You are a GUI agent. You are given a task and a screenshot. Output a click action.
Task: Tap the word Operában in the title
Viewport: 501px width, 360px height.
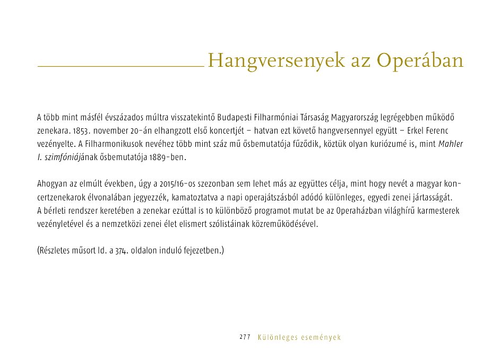pyautogui.click(x=421, y=60)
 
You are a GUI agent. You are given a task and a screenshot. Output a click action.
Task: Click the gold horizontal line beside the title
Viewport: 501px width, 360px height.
pyautogui.click(x=120, y=66)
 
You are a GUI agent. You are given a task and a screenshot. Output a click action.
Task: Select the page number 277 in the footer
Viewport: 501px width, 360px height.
pyautogui.click(x=245, y=337)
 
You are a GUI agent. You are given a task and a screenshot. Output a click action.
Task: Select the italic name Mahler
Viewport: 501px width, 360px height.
pyautogui.click(x=451, y=144)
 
